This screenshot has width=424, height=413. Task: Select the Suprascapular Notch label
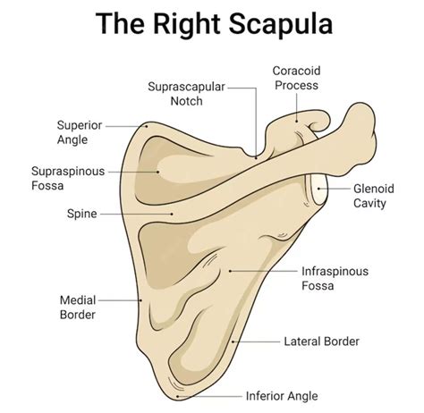point(186,94)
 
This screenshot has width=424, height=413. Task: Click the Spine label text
point(81,215)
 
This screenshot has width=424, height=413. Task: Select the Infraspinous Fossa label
point(335,278)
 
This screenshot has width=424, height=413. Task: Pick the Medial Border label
point(78,307)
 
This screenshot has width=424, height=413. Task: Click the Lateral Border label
point(321,341)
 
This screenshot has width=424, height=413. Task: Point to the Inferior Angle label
point(281,395)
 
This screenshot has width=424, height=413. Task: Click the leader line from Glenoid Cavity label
point(338,190)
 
